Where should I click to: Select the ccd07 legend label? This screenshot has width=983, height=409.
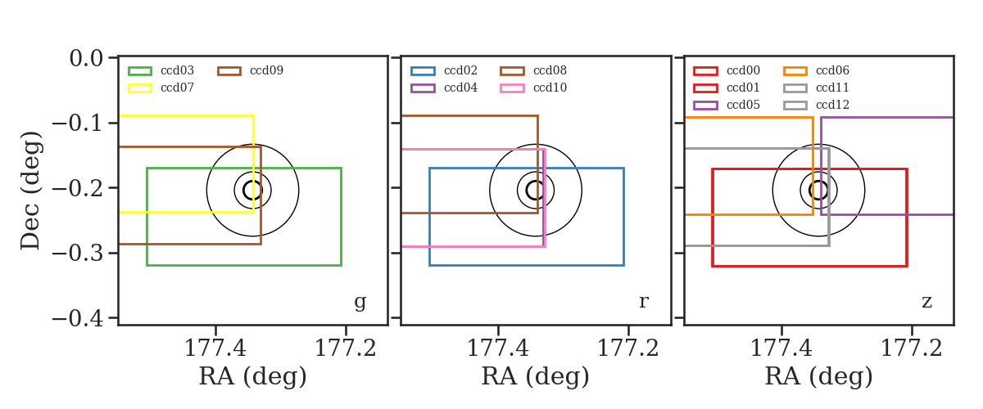(x=177, y=88)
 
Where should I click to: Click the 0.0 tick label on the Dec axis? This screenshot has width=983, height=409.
(x=87, y=58)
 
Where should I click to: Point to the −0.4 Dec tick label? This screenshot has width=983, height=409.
(x=78, y=318)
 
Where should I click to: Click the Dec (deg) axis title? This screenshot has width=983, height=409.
(x=30, y=191)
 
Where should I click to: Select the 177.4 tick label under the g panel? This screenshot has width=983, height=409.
(x=215, y=348)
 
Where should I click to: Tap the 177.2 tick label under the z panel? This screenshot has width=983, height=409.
(x=912, y=348)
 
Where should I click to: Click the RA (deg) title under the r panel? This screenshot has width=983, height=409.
(x=536, y=376)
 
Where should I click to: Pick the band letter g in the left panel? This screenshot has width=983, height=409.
(x=360, y=302)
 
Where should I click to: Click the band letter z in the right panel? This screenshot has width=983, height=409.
(x=926, y=302)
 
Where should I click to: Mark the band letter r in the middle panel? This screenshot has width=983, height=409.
(x=644, y=302)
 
